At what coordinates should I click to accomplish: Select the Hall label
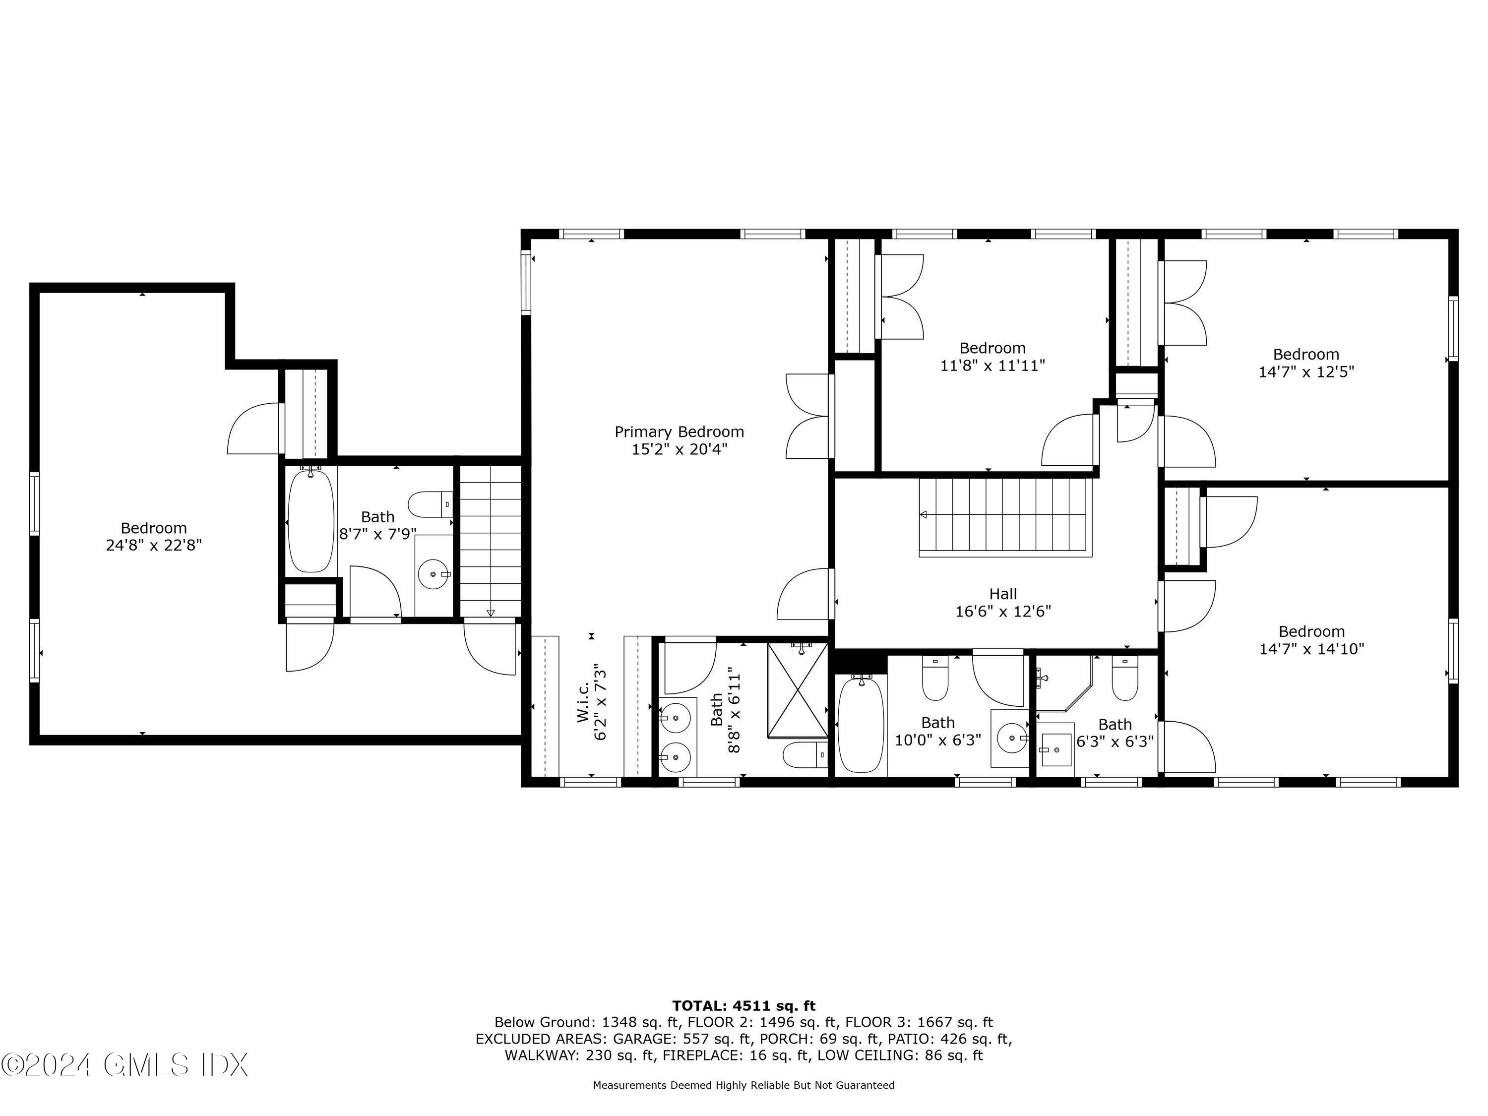click(1002, 594)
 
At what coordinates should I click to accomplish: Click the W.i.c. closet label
click(583, 702)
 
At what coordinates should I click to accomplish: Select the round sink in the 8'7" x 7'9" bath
click(433, 574)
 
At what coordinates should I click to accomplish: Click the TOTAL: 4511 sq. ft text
click(744, 1006)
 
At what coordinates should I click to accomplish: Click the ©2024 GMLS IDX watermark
click(124, 1065)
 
